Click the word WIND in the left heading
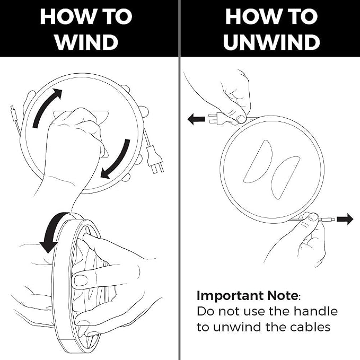[x=86, y=42]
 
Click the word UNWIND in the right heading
[x=271, y=42]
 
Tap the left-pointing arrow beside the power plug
[x=196, y=119]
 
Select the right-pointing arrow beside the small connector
[x=345, y=219]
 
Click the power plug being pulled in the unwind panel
[x=218, y=119]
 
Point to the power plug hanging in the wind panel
[x=154, y=159]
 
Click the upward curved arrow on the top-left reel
[x=47, y=107]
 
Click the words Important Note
[x=247, y=296]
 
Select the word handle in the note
[x=315, y=311]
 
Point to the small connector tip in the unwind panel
[x=328, y=219]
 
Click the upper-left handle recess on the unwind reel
[x=258, y=161]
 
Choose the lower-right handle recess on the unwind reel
[x=286, y=178]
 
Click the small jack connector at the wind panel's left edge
[x=13, y=112]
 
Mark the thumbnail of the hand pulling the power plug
[x=241, y=118]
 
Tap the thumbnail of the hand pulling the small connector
[x=313, y=217]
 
